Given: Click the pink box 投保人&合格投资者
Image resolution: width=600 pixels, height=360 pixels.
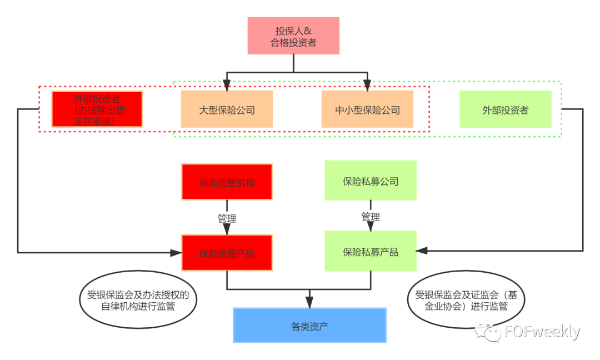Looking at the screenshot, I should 293,36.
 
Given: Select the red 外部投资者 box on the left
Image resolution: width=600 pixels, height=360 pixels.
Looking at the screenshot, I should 97,109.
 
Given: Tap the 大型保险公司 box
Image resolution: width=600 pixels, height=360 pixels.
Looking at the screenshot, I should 227,109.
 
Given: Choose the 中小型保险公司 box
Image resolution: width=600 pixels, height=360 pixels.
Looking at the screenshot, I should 367,109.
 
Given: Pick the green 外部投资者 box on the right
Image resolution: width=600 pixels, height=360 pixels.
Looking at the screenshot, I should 505,109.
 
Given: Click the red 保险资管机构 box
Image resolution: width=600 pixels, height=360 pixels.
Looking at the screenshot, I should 227,182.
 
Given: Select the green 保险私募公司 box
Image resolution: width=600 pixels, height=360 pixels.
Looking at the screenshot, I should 371,181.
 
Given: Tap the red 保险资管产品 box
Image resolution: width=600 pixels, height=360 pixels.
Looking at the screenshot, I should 227,253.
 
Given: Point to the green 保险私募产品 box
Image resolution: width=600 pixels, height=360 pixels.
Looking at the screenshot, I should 371,251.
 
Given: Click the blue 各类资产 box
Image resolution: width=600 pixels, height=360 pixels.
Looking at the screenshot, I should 309,325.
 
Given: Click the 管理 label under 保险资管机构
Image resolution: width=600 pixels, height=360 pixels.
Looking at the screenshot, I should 227,218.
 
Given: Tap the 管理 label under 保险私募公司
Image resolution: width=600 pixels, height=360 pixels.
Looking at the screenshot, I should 371,216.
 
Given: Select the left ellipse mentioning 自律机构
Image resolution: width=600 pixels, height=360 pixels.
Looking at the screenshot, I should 138,300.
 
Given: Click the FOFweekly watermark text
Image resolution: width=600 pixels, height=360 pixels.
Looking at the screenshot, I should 542,332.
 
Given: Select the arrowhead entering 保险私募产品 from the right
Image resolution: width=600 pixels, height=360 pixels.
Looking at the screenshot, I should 423,251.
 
